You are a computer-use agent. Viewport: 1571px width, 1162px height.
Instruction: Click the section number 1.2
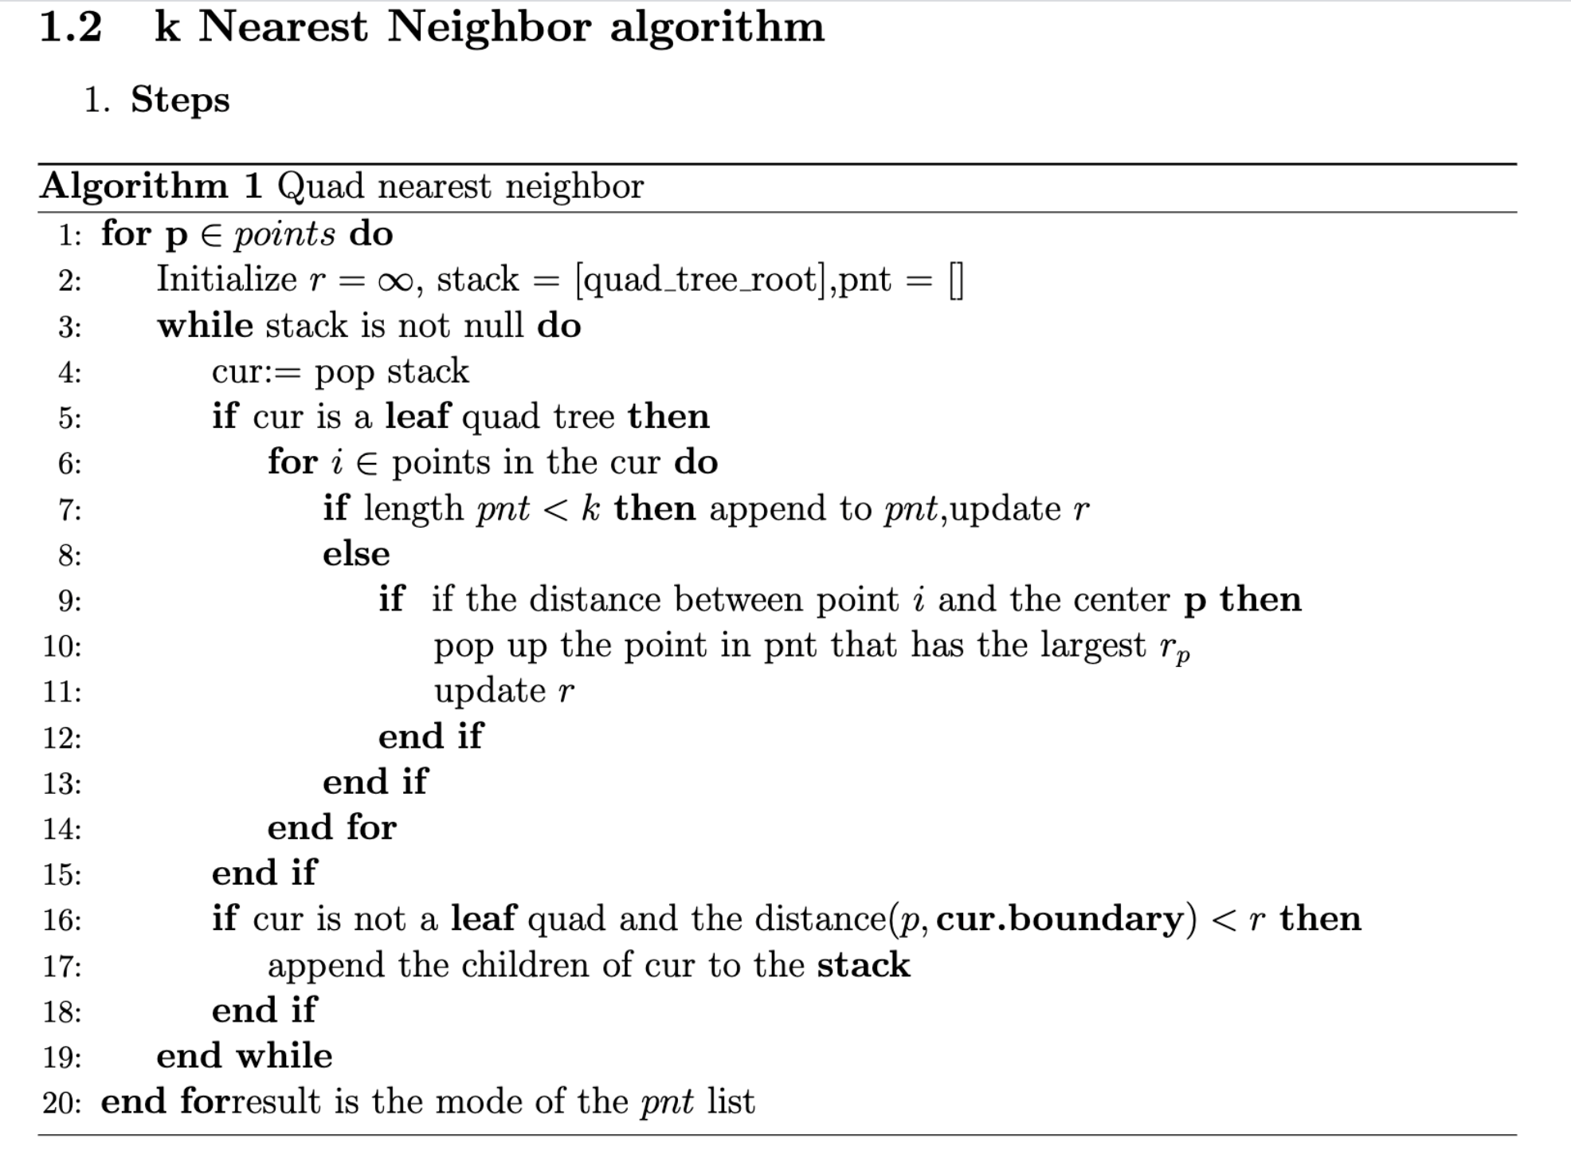(71, 26)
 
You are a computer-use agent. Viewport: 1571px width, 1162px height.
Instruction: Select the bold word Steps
(180, 100)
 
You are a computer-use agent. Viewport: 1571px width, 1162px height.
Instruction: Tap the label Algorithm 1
(151, 186)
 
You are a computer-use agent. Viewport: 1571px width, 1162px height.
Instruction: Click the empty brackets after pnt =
(956, 281)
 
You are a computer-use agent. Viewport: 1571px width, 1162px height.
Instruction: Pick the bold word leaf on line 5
(418, 416)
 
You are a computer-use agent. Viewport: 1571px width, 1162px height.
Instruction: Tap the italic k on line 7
(590, 508)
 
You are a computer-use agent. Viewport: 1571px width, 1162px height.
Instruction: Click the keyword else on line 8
(356, 554)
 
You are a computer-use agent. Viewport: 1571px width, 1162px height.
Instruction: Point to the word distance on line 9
(595, 599)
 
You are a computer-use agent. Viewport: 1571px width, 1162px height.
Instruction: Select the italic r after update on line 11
(566, 692)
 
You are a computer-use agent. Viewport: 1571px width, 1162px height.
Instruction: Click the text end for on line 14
(331, 828)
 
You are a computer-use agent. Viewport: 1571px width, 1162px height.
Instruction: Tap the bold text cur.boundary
(1060, 920)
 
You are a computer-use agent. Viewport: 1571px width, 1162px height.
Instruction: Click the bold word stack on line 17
(864, 965)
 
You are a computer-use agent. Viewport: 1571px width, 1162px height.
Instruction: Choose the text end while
(245, 1056)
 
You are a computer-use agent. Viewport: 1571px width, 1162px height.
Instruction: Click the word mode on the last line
(478, 1102)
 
